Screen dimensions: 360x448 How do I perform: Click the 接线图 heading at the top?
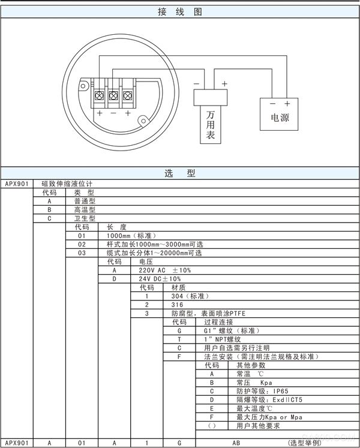click(180, 12)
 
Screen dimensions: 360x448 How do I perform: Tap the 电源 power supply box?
click(279, 115)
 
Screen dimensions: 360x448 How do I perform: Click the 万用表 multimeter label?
click(211, 125)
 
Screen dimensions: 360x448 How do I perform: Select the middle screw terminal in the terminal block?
click(113, 95)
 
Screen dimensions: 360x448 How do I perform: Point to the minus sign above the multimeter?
click(196, 84)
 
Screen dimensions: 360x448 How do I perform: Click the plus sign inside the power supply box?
click(287, 103)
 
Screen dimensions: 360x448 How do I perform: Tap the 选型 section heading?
click(180, 173)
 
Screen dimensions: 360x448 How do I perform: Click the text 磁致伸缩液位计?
click(67, 184)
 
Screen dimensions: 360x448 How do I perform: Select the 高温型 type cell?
click(85, 210)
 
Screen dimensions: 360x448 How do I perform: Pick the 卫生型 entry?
click(85, 218)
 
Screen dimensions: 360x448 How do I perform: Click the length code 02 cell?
click(82, 244)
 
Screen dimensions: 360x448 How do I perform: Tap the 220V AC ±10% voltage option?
click(165, 270)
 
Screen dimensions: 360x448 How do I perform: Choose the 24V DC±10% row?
click(160, 279)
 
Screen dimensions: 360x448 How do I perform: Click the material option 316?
click(177, 305)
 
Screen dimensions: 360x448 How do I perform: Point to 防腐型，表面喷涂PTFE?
click(208, 314)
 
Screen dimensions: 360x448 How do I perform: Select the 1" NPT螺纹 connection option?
click(223, 339)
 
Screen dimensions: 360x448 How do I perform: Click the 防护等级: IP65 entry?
click(262, 391)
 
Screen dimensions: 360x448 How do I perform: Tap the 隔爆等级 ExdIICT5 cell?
click(269, 399)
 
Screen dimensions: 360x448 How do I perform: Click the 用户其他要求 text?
click(258, 426)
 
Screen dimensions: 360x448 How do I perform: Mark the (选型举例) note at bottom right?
click(305, 443)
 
